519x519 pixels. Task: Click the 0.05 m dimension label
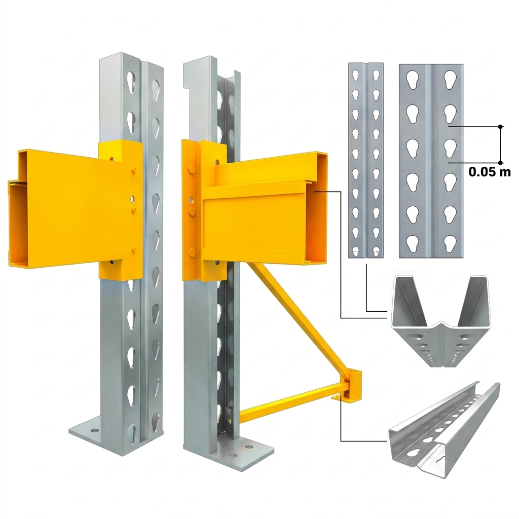click(490, 172)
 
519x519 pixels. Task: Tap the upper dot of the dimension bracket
click(500, 126)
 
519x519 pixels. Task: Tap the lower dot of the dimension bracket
click(500, 163)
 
